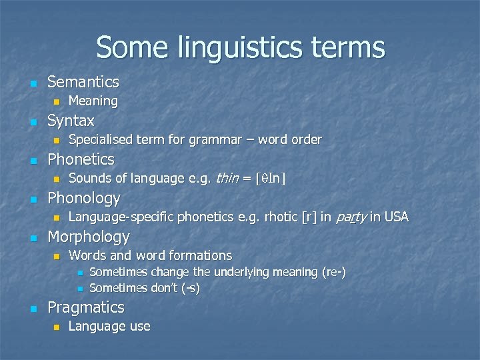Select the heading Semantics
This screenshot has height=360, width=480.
click(83, 83)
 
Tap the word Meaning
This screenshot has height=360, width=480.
click(93, 101)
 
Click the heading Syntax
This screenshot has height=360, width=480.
click(71, 121)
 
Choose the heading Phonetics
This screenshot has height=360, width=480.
click(81, 160)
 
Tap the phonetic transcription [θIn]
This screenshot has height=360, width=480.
click(272, 179)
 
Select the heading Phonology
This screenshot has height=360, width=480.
click(84, 199)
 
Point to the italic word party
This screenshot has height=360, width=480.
click(351, 217)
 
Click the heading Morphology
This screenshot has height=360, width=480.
click(89, 237)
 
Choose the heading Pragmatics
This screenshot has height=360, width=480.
click(86, 308)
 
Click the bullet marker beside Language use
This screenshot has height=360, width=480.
click(57, 327)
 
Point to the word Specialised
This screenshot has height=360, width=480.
click(100, 140)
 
